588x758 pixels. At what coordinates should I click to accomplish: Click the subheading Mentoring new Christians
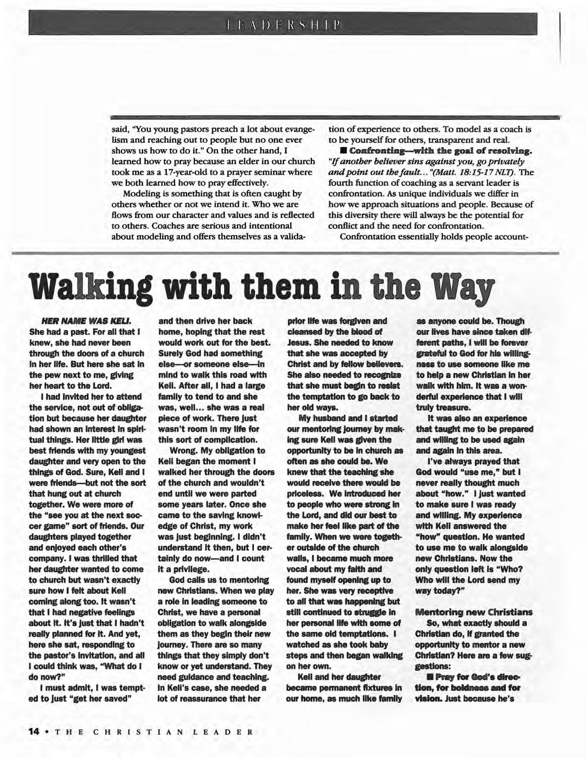click(474, 612)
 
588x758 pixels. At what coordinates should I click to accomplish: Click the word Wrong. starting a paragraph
click(183, 451)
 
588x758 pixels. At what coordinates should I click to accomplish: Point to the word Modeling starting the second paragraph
click(146, 194)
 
